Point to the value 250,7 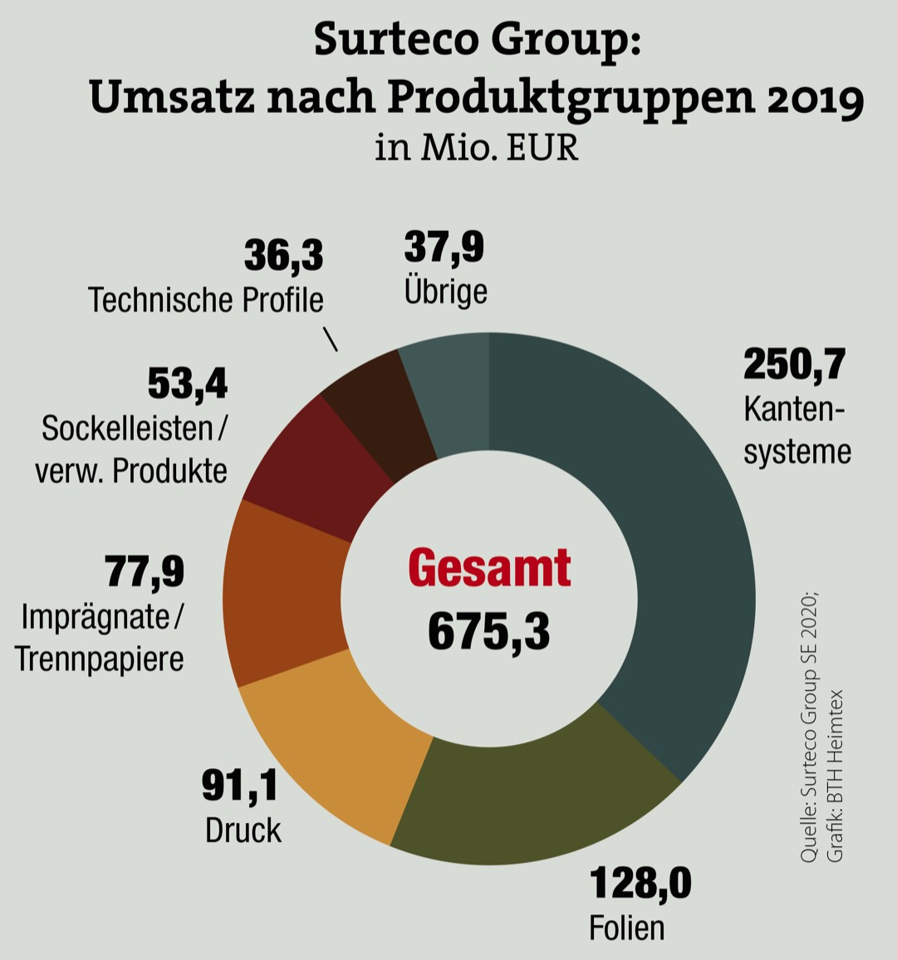coord(794,365)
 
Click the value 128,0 coord(640,883)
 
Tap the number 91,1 coord(240,785)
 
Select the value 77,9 coord(145,572)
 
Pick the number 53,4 coord(188,384)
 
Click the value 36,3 coord(283,256)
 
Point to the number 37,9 coord(444,247)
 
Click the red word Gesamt coord(489,569)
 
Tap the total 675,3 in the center coord(489,631)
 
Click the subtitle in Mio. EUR coord(476,148)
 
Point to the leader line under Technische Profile coord(330,340)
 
